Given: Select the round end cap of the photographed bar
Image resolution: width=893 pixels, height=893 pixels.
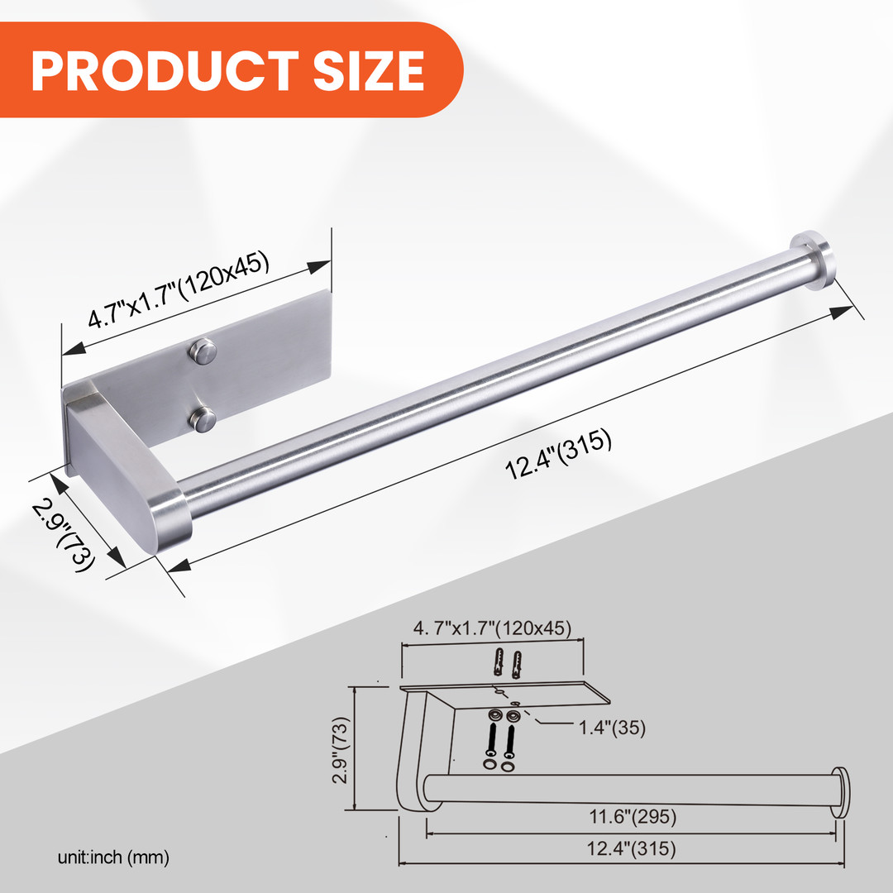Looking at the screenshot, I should pyautogui.click(x=814, y=260).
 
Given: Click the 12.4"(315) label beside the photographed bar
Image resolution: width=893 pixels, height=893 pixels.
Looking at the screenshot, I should pyautogui.click(x=559, y=457).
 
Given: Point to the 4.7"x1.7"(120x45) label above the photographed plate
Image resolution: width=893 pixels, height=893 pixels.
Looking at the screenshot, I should pyautogui.click(x=180, y=291).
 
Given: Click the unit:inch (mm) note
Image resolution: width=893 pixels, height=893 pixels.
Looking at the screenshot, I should pyautogui.click(x=113, y=858).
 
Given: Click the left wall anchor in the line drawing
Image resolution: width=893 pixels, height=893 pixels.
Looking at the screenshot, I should pyautogui.click(x=499, y=663).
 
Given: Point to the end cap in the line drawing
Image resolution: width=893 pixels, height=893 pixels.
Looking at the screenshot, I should pyautogui.click(x=840, y=792).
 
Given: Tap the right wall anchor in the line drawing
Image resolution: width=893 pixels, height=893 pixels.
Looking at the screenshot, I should pyautogui.click(x=517, y=663).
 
